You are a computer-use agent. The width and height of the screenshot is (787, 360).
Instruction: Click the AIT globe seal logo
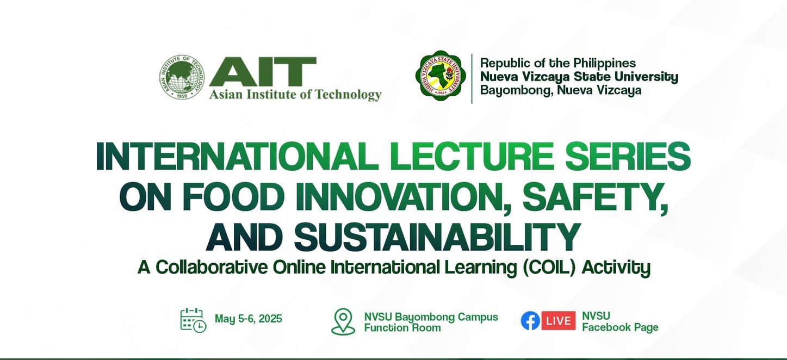(182, 77)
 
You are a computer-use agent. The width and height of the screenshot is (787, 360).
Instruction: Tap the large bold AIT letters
(263, 71)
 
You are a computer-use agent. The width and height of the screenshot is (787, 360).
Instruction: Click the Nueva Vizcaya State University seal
(441, 76)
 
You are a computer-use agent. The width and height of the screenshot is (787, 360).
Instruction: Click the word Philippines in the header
(604, 63)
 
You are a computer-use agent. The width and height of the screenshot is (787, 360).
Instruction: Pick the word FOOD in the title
(233, 197)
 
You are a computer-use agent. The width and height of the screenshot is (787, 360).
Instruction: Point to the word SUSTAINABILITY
(437, 237)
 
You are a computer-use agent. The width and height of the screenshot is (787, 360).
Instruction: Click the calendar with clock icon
(193, 320)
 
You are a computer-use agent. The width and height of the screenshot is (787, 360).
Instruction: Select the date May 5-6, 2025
(249, 319)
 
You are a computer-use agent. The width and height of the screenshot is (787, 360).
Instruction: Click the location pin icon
(343, 321)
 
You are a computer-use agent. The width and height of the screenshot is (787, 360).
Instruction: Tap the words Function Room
(402, 328)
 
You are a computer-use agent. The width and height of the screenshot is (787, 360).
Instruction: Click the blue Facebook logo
(530, 321)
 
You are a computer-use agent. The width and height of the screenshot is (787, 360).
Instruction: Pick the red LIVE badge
(558, 321)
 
